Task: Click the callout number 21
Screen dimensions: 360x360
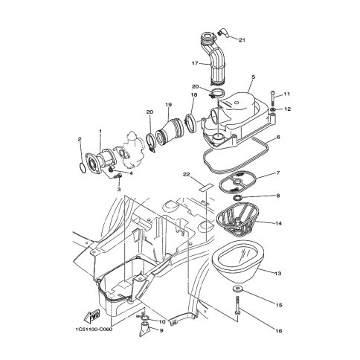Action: point(242,40)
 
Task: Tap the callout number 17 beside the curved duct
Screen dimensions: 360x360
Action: point(195,63)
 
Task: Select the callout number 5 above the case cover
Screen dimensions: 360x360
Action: point(253,77)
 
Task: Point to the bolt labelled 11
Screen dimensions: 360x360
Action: point(273,98)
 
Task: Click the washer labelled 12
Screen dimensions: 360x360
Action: point(273,109)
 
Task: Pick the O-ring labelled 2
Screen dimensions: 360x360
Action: point(83,165)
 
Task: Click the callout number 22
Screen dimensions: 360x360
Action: point(186,175)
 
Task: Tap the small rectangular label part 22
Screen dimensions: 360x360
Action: point(206,187)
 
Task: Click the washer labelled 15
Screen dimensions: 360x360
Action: point(238,289)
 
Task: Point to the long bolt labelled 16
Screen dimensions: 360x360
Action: point(237,306)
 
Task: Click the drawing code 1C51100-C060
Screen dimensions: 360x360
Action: point(94,330)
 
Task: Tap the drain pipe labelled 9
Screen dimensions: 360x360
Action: point(144,329)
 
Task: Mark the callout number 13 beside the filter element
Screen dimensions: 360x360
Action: point(278,274)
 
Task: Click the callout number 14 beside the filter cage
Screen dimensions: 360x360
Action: point(278,223)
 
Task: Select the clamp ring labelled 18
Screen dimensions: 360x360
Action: point(192,123)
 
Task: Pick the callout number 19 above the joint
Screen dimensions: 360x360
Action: point(168,105)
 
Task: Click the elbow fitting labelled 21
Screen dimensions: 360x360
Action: point(222,33)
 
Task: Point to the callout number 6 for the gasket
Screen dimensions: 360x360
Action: point(278,137)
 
